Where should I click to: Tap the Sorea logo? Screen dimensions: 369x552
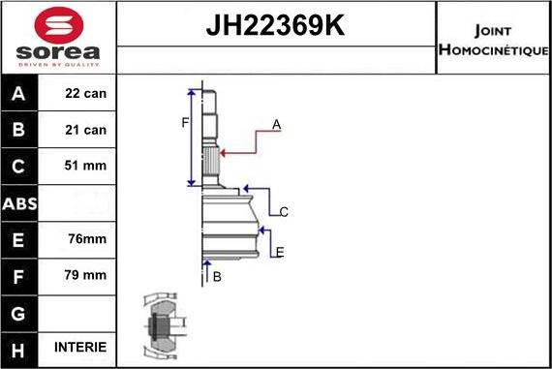pyautogui.click(x=57, y=38)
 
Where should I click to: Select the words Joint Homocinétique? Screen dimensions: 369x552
pyautogui.click(x=493, y=38)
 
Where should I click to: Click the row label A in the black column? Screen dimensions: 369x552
pyautogui.click(x=20, y=94)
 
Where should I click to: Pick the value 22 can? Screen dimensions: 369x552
pyautogui.click(x=86, y=94)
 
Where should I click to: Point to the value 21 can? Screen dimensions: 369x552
pyautogui.click(x=86, y=130)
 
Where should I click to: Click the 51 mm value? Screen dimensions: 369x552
pyautogui.click(x=86, y=166)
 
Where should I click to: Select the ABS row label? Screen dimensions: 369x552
pyautogui.click(x=20, y=202)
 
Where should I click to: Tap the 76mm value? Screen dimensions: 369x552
pyautogui.click(x=86, y=238)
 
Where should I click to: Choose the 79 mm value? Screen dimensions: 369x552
pyautogui.click(x=86, y=275)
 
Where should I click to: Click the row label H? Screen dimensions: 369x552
pyautogui.click(x=20, y=347)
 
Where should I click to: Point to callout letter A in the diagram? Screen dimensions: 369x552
pyautogui.click(x=277, y=125)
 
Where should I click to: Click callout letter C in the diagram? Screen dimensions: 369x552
pyautogui.click(x=284, y=211)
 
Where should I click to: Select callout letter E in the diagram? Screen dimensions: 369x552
pyautogui.click(x=280, y=253)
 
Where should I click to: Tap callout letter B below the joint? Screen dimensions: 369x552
pyautogui.click(x=217, y=277)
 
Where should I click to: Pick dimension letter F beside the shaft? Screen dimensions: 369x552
pyautogui.click(x=184, y=122)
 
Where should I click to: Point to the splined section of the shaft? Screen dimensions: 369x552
pyautogui.click(x=211, y=155)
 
